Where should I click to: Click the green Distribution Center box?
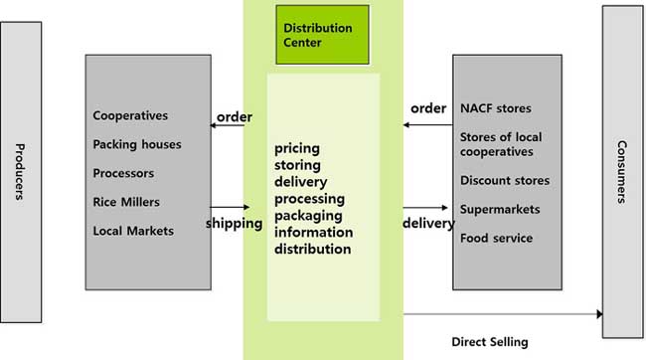[322, 35]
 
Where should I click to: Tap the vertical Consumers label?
[621, 172]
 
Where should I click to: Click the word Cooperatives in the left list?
[130, 115]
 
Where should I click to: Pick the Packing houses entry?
[137, 144]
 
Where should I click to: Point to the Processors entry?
[123, 173]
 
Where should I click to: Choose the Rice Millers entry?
[126, 202]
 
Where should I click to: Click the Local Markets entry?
[133, 231]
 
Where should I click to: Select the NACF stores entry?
[495, 107]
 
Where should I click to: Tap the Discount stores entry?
[504, 180]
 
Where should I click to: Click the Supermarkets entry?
[500, 209]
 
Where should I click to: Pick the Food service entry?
[496, 238]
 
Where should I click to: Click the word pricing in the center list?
[296, 149]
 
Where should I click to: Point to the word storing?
[297, 166]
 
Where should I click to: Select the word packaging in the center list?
[307, 216]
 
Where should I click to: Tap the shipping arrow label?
[234, 223]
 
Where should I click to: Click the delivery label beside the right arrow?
[428, 223]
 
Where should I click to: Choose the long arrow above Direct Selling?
[502, 314]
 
